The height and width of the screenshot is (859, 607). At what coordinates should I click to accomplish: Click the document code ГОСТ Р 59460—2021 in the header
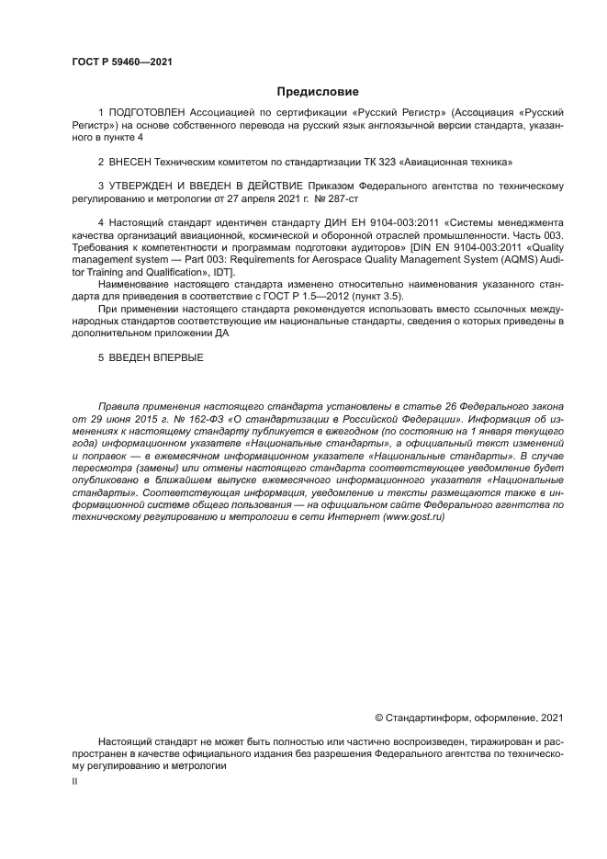pyautogui.click(x=122, y=62)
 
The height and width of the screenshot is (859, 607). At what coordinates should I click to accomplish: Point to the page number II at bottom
pyautogui.click(x=75, y=780)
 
